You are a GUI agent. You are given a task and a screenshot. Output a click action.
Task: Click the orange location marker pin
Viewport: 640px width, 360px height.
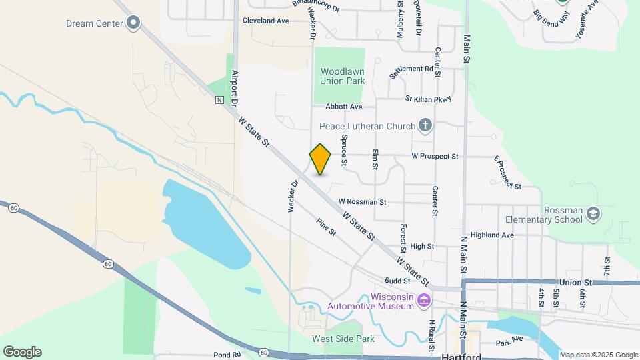tap(320, 159)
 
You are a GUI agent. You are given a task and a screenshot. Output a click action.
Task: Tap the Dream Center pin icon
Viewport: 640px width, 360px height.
tap(133, 23)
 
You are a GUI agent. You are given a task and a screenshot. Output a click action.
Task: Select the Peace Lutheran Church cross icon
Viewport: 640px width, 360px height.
tap(425, 125)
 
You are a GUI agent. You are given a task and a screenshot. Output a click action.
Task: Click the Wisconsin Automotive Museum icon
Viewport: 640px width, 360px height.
tap(423, 301)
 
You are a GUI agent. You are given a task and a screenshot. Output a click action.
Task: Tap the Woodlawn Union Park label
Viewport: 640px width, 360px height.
tap(342, 76)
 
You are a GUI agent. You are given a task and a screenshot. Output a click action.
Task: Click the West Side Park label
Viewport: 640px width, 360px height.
tap(343, 339)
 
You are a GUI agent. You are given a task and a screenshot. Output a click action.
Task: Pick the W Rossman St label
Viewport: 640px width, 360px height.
tap(362, 201)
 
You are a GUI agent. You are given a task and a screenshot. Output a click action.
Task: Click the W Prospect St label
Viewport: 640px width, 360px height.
tap(435, 157)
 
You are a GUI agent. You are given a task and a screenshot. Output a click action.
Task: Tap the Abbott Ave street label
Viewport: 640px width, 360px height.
tap(343, 107)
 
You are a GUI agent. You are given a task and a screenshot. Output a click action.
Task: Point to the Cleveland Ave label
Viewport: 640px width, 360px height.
tap(265, 21)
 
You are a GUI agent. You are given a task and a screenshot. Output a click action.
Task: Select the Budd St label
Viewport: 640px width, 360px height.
tap(396, 281)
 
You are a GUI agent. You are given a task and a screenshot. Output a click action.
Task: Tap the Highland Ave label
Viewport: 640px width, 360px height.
tap(492, 235)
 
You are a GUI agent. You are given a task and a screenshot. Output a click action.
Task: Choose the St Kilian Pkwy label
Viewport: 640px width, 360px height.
tap(428, 99)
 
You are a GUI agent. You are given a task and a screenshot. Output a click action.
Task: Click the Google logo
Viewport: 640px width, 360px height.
tap(22, 352)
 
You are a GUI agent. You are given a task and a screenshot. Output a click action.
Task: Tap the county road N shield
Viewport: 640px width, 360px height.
tap(219, 101)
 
